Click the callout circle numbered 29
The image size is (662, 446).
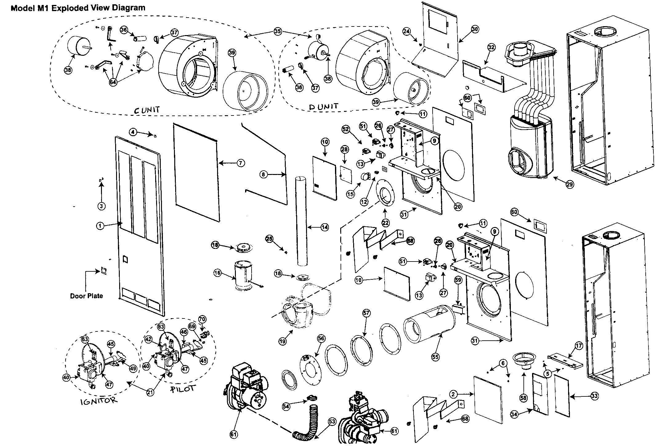coord(570,184)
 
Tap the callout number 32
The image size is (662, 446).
coord(491,47)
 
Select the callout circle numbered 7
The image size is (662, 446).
coord(241,163)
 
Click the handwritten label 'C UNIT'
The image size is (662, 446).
coord(147,110)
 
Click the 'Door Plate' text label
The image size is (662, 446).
coord(87,296)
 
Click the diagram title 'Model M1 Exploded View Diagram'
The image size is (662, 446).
coord(78,8)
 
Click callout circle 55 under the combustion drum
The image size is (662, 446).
coord(435,357)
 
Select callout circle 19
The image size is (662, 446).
coord(283,341)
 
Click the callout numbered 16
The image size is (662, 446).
coord(217,273)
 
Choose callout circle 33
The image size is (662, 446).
coord(595,396)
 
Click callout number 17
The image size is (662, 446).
coord(579,346)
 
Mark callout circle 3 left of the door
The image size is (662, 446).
coord(101,206)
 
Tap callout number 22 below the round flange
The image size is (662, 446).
coord(385,223)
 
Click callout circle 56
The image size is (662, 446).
coord(321,338)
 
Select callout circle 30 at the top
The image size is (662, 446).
coord(475,29)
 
